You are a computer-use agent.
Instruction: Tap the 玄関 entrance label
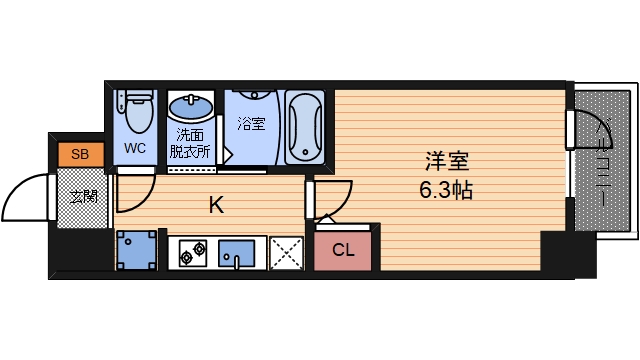[83, 196]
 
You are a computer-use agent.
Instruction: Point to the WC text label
[135, 148]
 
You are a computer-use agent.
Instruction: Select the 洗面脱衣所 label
[189, 143]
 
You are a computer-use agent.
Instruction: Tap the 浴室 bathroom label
[251, 125]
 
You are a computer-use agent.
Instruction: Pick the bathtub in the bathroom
[304, 126]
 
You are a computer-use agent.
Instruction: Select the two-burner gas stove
[193, 254]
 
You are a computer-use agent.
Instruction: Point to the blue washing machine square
[136, 251]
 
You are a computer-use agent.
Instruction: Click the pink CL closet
[343, 250]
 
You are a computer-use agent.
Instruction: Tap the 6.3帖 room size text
[446, 188]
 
